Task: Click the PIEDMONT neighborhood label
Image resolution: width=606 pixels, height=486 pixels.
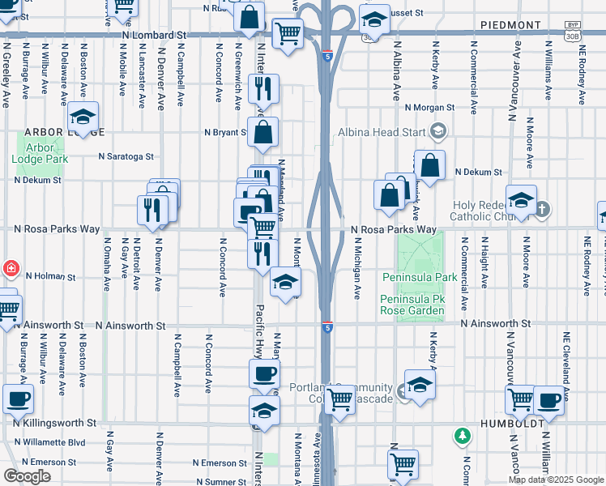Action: (x=510, y=25)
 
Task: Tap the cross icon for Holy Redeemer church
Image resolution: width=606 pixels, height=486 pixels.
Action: (x=542, y=210)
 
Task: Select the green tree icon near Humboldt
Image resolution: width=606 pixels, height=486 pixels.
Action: (x=463, y=436)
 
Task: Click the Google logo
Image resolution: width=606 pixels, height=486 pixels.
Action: (x=27, y=476)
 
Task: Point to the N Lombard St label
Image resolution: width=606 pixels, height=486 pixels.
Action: (x=154, y=36)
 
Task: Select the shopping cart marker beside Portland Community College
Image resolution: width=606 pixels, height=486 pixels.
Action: (x=340, y=399)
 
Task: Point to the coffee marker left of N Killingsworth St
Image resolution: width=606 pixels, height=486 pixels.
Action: (x=18, y=398)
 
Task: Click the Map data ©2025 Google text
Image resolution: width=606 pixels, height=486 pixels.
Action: (x=556, y=480)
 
